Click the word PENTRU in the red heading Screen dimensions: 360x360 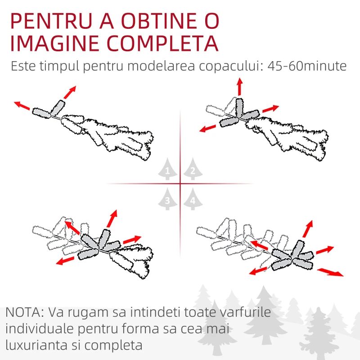click(51, 21)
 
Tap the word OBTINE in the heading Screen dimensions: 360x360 click(159, 21)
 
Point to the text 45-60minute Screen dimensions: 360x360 click(307, 66)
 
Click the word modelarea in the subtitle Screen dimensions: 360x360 click(162, 66)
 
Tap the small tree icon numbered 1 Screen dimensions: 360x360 click(167, 169)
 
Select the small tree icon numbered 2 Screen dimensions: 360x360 click(193, 169)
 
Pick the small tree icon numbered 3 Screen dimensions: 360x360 click(167, 199)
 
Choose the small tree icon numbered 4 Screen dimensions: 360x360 click(193, 199)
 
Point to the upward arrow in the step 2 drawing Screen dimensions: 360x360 click(240, 86)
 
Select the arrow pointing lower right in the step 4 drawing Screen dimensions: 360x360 click(330, 272)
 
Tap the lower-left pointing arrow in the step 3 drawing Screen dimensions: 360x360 click(65, 261)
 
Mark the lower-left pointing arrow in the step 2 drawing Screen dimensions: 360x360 click(208, 128)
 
